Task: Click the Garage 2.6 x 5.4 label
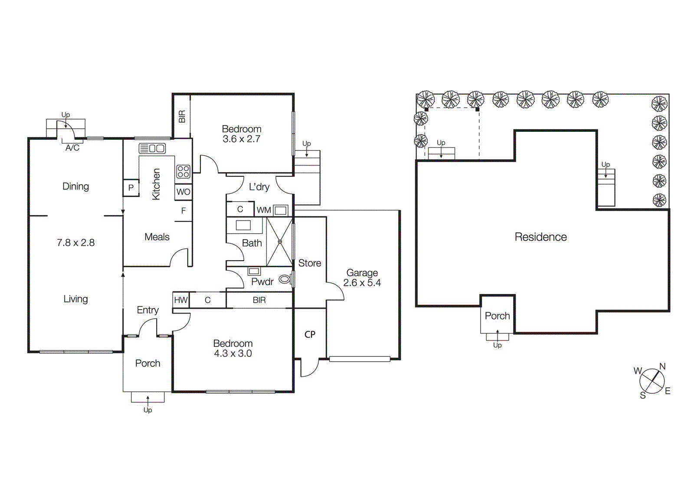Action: coord(362,278)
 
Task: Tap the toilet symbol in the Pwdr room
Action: coord(285,279)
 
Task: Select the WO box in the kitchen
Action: coord(183,192)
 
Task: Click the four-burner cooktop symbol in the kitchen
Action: coord(183,171)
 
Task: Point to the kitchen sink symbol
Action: coord(152,149)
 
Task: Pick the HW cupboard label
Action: coord(180,300)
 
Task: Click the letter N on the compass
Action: coord(662,366)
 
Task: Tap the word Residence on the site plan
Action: coord(540,237)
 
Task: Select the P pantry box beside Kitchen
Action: coord(131,188)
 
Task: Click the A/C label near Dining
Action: coord(72,148)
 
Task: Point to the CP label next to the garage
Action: coord(310,334)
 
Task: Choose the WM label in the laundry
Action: coord(263,210)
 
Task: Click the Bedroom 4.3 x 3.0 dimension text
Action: coord(232,353)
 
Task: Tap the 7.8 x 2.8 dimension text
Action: coord(75,243)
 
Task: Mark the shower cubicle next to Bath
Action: coord(279,242)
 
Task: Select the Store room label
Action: coord(309,263)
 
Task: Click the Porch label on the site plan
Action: coord(497,316)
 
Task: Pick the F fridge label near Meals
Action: coord(183,211)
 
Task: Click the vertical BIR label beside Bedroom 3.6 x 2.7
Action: coord(182,116)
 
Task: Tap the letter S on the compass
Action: coord(643,395)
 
